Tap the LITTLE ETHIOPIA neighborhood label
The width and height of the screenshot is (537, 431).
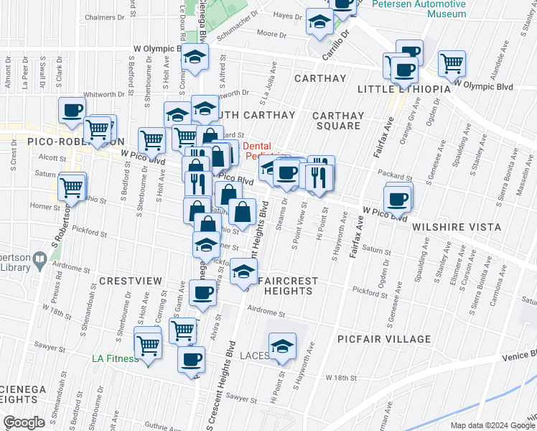pos(403,88)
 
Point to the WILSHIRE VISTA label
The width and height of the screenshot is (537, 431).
pos(456,227)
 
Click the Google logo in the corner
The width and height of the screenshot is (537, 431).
pos(24,422)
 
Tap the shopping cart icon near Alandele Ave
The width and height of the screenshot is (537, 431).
pos(452,62)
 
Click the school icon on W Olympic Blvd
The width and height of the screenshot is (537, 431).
pos(195,57)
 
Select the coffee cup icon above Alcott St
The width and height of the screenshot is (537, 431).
pos(72,110)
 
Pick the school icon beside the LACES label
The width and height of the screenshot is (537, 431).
pos(283,346)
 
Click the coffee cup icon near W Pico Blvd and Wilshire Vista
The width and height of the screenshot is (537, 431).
pos(397,198)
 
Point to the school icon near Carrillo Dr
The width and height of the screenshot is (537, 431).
pos(319,22)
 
